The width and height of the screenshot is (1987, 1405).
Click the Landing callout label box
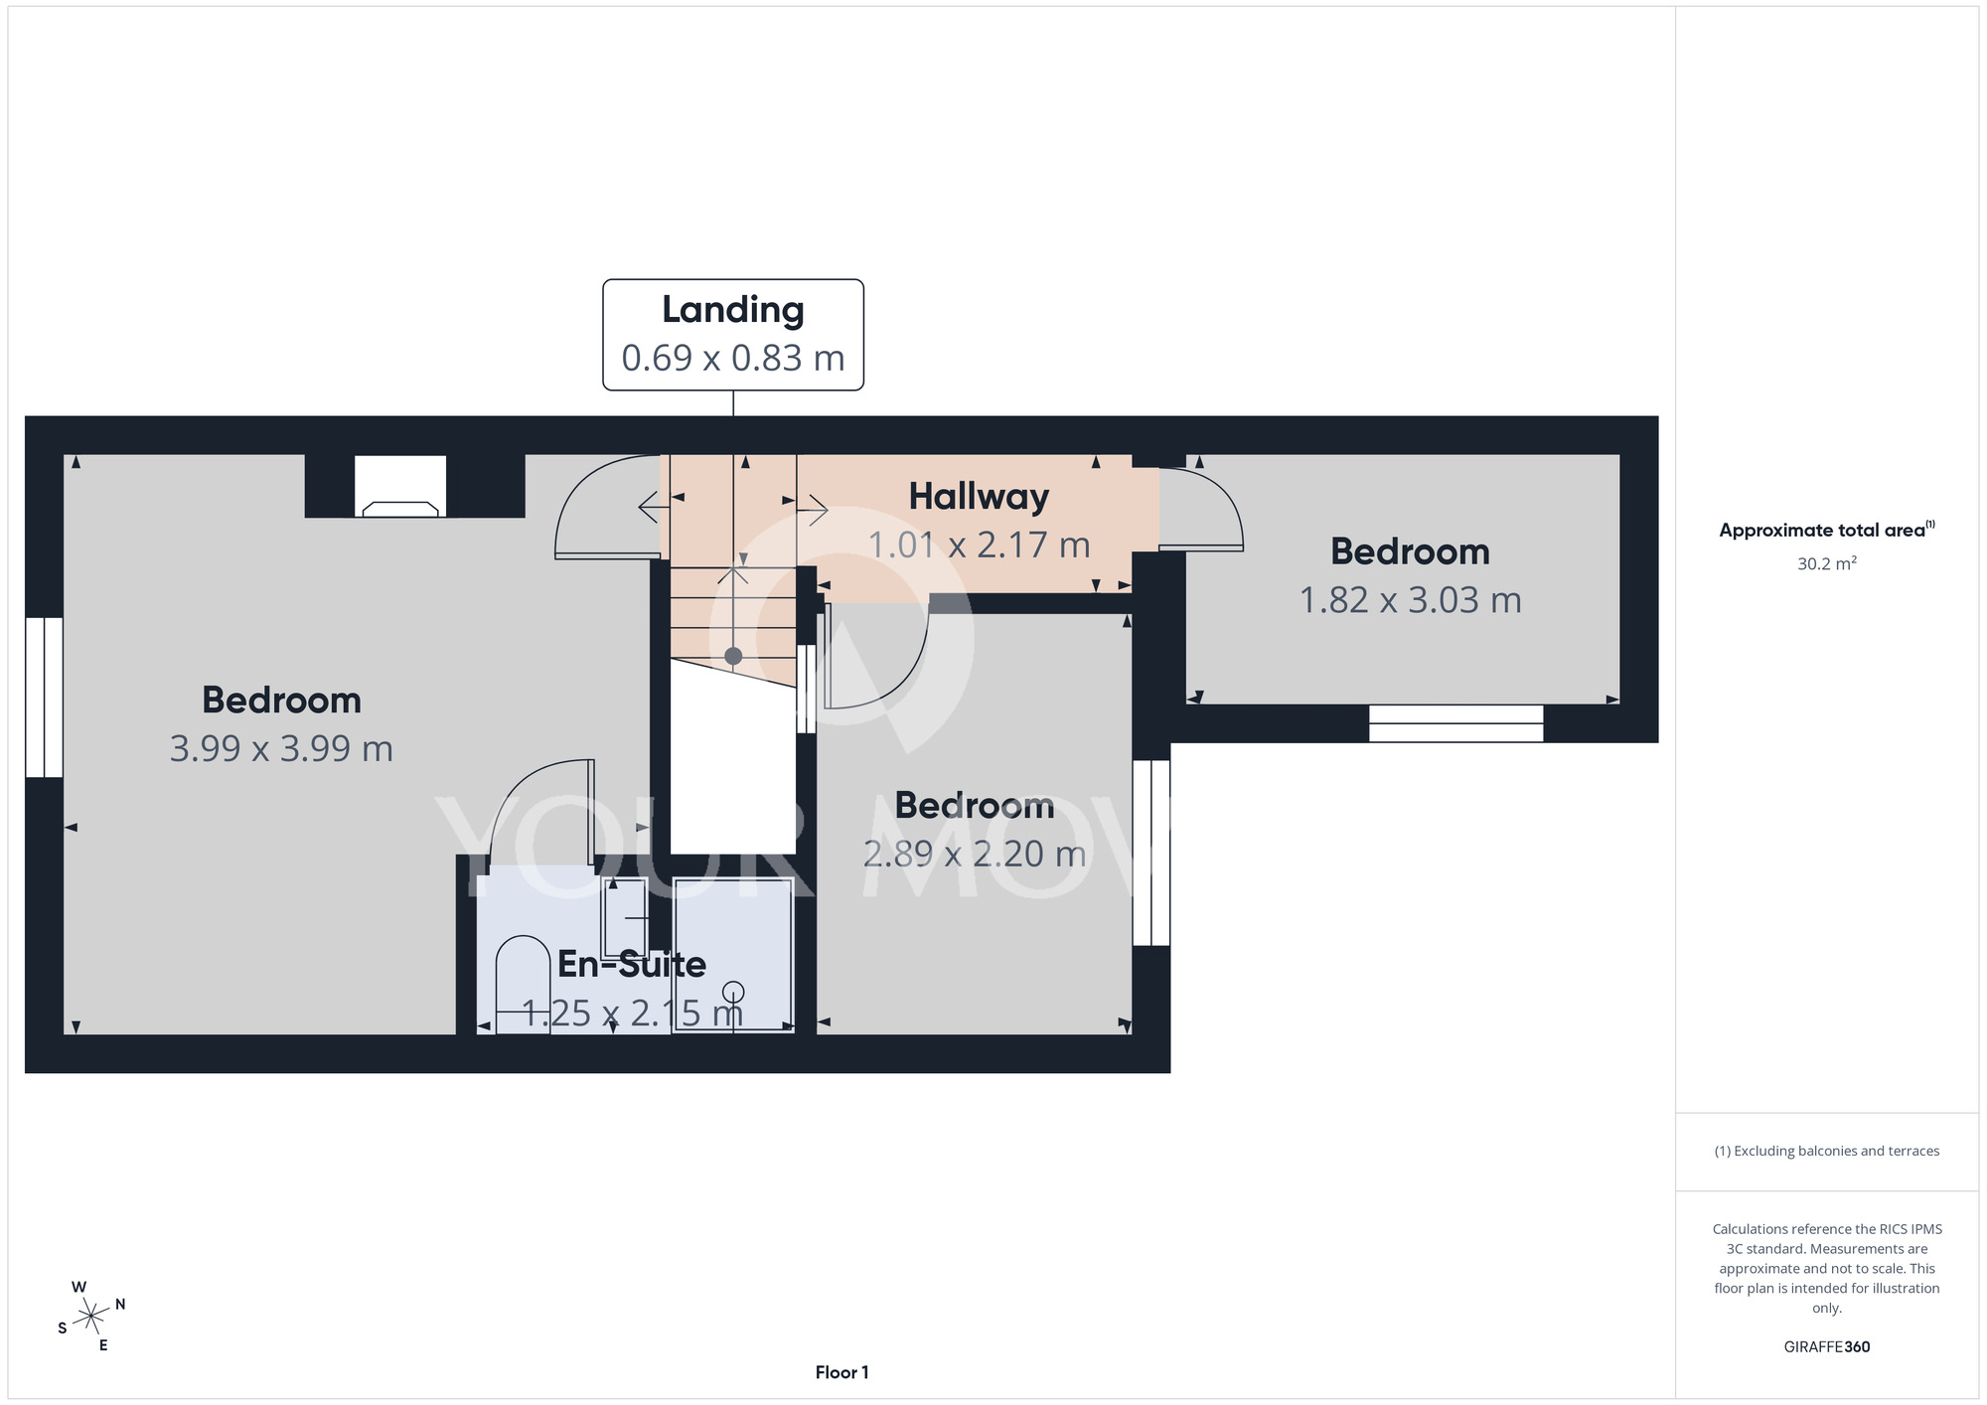[x=733, y=335]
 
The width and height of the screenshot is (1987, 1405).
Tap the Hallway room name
[x=979, y=497]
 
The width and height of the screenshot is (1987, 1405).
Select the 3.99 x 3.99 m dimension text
[x=281, y=748]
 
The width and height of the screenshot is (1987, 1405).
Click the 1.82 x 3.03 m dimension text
[x=1411, y=600]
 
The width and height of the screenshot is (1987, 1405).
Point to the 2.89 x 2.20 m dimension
[x=975, y=855]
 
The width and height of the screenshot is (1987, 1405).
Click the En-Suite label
[x=632, y=964]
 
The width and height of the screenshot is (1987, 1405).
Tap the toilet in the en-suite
[x=523, y=985]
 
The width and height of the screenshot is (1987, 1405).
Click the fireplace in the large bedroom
[x=400, y=487]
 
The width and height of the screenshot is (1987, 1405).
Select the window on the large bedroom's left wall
[x=45, y=698]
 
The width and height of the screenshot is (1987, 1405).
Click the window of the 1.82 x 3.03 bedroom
[x=1456, y=723]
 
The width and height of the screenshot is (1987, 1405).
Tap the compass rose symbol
[x=91, y=1317]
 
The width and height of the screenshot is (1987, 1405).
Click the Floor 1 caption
[x=842, y=1372]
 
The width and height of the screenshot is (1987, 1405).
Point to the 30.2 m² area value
[x=1827, y=563]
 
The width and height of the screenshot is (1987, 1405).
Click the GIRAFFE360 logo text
[x=1827, y=1347]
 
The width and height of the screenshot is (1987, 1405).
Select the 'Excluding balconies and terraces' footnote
[x=1827, y=1151]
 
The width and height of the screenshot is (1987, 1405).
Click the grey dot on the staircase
[x=733, y=656]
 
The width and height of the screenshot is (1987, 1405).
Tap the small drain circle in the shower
[x=733, y=992]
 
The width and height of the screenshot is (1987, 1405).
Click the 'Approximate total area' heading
[x=1827, y=530]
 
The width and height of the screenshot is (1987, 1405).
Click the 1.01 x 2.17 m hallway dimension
[x=979, y=546]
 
